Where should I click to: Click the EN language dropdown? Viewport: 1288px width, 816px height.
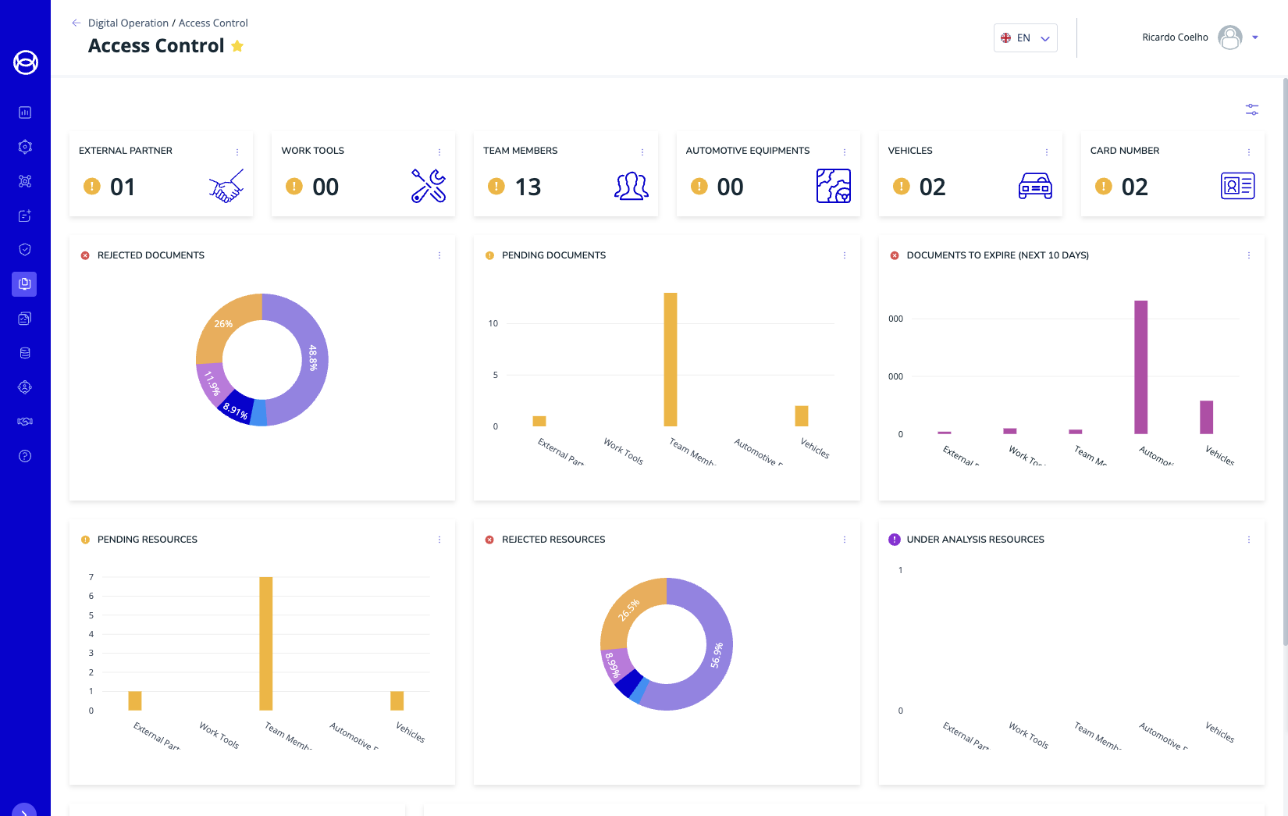(1025, 37)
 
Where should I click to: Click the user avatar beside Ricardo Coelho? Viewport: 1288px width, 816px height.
(1229, 37)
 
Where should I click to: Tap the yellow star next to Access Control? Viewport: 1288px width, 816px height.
(237, 46)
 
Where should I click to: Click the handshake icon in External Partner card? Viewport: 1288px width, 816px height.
(226, 186)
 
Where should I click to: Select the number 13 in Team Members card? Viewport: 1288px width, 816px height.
(528, 187)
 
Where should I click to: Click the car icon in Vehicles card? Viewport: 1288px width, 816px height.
(1035, 186)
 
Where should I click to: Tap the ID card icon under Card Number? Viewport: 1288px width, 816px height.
(1237, 186)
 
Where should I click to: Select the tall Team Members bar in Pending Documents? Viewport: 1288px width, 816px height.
(671, 359)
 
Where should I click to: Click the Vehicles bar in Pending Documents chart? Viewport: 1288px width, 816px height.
(802, 415)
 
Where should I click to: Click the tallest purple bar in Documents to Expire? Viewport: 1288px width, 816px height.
(1140, 367)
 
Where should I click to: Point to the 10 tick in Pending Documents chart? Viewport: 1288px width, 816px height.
(493, 323)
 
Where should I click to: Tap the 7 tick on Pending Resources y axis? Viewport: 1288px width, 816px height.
(91, 577)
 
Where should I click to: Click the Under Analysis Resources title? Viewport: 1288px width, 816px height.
(975, 540)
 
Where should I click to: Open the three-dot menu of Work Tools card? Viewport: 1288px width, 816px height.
(439, 151)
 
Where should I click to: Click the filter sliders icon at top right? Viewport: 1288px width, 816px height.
(1252, 110)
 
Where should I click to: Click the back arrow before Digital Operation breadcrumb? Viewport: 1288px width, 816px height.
(76, 23)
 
